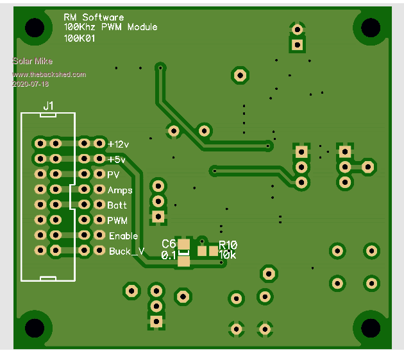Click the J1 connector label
tap(49, 105)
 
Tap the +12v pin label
tap(119, 143)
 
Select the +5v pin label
tap(116, 159)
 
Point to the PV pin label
tap(114, 175)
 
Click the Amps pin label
tap(120, 191)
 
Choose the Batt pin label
tap(117, 205)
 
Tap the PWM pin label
tap(118, 221)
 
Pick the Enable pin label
tap(123, 236)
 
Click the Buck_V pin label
tap(126, 252)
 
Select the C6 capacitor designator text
tap(169, 244)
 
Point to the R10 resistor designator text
tap(228, 244)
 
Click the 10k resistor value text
tap(227, 255)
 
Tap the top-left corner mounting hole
tap(35, 27)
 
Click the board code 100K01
tap(80, 39)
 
